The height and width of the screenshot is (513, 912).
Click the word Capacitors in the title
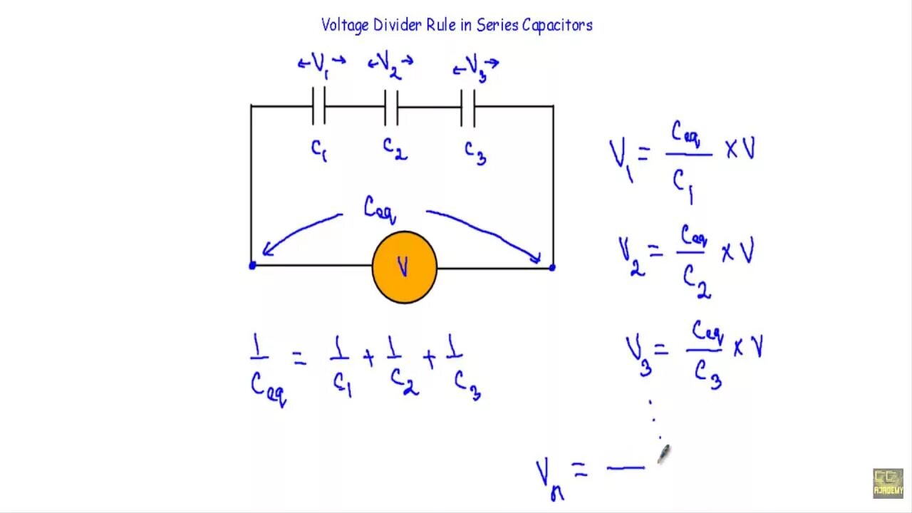tap(557, 26)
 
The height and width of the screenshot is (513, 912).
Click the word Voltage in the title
tap(346, 26)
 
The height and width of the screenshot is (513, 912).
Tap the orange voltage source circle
tap(404, 267)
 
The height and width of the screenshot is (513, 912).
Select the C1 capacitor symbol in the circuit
tap(318, 106)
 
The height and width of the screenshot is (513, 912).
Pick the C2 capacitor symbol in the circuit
tap(391, 107)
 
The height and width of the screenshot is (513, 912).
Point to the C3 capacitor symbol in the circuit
tap(467, 107)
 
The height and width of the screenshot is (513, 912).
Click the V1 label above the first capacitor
tap(321, 63)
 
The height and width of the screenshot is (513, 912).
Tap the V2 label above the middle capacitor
tap(390, 66)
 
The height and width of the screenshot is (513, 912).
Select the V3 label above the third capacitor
tap(476, 68)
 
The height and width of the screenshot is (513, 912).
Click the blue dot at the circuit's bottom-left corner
tap(252, 266)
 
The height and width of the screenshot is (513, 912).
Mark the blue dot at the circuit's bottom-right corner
tap(552, 267)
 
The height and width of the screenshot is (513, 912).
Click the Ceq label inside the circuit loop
tap(379, 209)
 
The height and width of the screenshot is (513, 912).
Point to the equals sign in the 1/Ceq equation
tap(299, 359)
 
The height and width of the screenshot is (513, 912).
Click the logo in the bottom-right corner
tap(888, 483)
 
